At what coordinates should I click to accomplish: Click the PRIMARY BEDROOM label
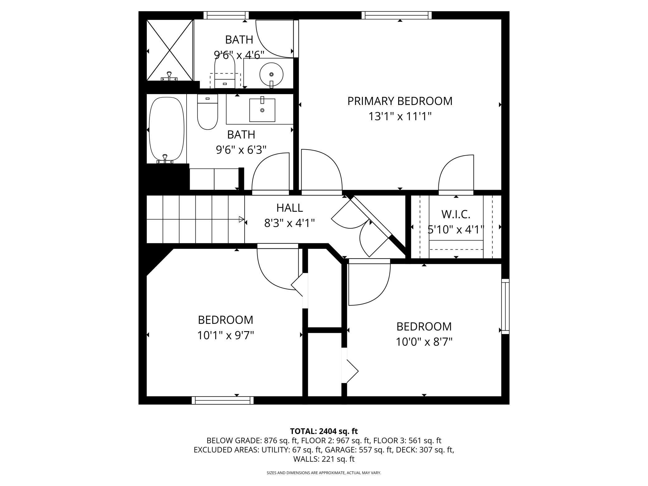point(400,101)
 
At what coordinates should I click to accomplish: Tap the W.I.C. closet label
point(456,214)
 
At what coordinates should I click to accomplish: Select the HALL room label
point(289,208)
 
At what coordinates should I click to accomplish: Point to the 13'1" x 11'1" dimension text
point(400,117)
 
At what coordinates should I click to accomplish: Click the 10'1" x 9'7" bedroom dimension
point(226,336)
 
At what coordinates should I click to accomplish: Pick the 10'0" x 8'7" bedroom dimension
point(424,342)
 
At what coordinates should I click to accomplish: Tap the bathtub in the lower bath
point(167,130)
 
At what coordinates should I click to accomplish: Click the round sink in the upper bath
point(271,74)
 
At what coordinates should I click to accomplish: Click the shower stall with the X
point(170,50)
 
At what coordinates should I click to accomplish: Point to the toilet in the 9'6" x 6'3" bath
point(207,112)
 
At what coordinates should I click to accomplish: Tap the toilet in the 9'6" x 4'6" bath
point(225,71)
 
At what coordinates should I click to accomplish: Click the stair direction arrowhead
point(241,219)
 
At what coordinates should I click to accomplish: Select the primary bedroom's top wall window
point(397,15)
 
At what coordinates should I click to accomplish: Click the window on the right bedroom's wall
point(505,307)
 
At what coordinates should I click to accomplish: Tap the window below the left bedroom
point(222,400)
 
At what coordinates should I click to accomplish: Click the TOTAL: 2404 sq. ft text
point(324,431)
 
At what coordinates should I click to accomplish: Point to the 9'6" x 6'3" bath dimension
point(241,150)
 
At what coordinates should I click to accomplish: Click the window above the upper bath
point(226,15)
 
